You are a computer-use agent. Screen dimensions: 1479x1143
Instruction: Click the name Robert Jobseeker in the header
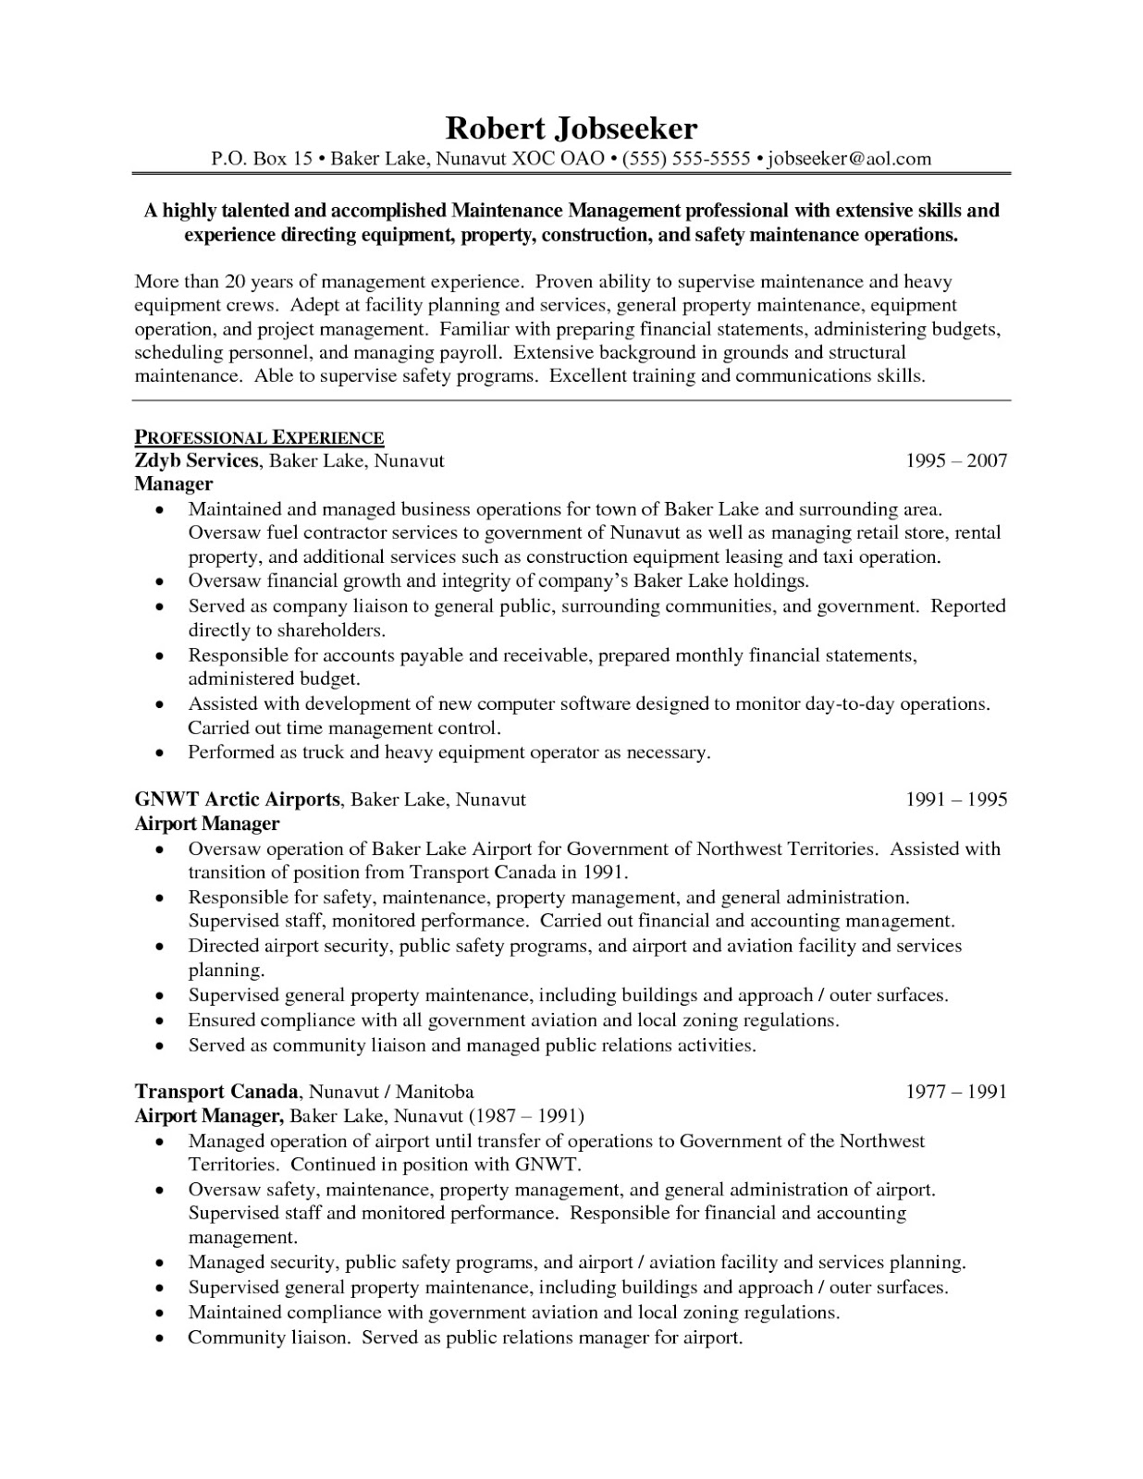coord(571,128)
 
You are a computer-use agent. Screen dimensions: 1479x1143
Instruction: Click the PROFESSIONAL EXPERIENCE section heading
coord(260,438)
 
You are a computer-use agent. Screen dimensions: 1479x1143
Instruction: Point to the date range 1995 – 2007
coord(956,460)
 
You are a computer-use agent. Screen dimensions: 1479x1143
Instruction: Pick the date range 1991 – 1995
coord(956,800)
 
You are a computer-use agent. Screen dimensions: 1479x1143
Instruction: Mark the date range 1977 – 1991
coord(956,1092)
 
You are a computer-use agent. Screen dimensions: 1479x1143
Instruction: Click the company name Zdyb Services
coord(196,460)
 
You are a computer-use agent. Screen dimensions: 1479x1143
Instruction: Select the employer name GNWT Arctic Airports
coord(238,800)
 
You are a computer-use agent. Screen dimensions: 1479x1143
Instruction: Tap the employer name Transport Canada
coord(217,1092)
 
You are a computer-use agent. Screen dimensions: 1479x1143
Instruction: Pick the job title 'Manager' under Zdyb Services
coord(174,484)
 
